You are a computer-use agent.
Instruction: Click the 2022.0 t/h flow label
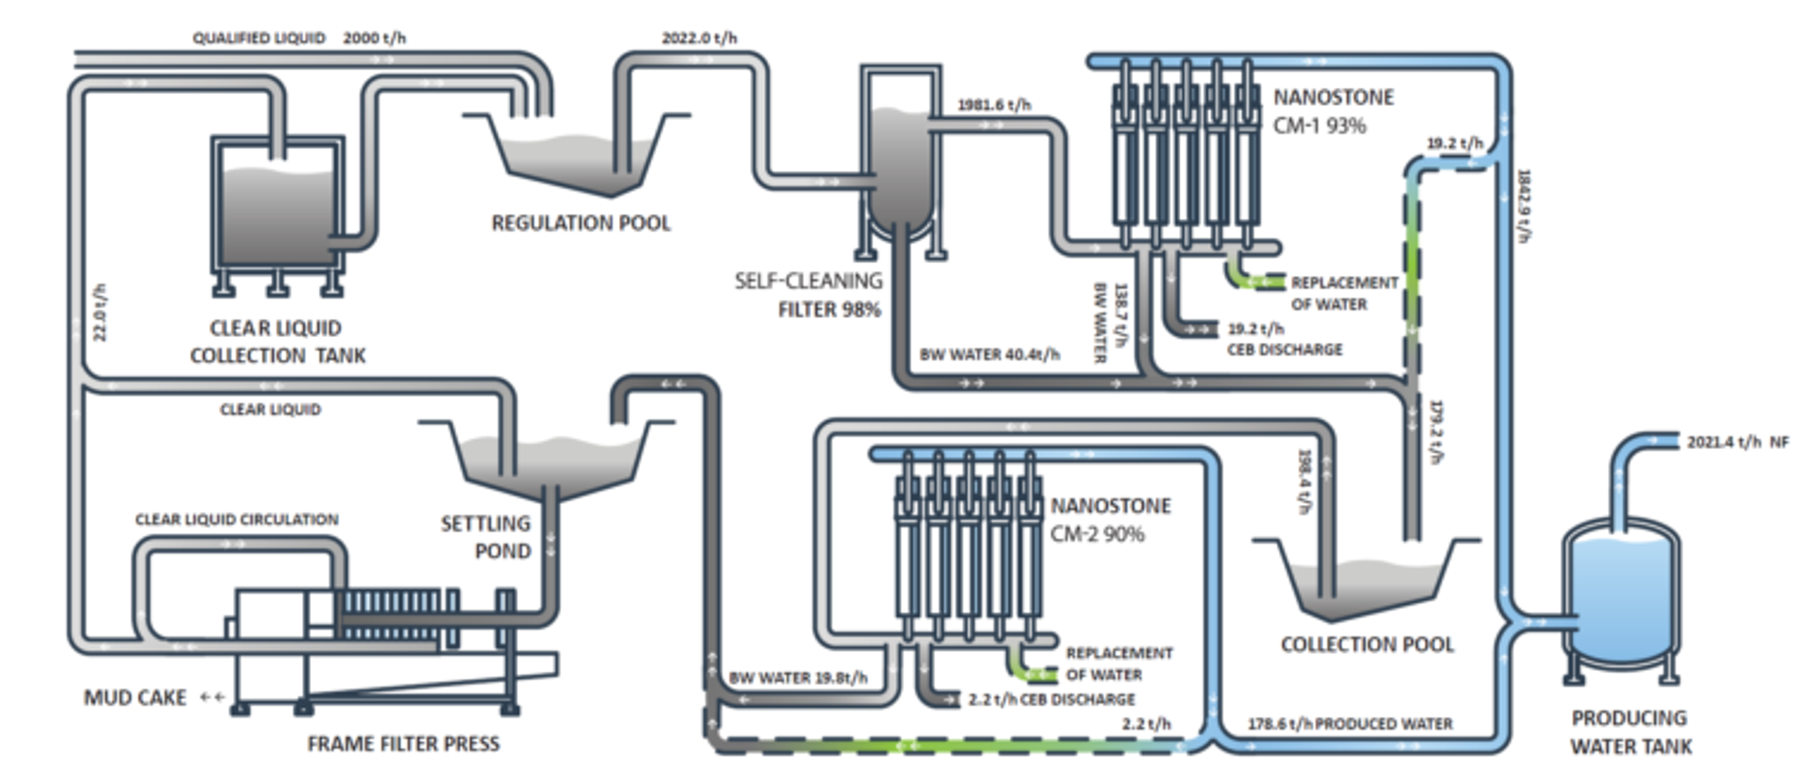tap(699, 38)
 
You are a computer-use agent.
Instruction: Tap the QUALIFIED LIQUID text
tap(259, 38)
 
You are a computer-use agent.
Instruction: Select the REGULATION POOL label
tap(581, 223)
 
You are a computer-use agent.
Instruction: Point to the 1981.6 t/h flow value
tap(994, 105)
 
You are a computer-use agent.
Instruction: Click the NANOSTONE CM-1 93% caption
tap(1333, 111)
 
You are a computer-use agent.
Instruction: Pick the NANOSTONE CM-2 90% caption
tap(1110, 520)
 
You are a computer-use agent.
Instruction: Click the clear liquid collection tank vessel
tap(278, 211)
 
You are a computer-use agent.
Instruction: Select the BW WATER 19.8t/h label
tap(798, 678)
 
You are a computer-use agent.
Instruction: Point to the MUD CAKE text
tap(135, 698)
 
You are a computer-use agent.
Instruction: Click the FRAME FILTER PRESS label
tap(404, 743)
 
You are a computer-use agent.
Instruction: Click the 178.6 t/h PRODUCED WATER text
tap(1350, 724)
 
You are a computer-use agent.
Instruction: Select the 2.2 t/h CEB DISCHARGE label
tap(1051, 700)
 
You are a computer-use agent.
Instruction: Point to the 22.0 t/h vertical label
tap(100, 313)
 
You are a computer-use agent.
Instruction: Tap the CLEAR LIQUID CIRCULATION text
tap(237, 520)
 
